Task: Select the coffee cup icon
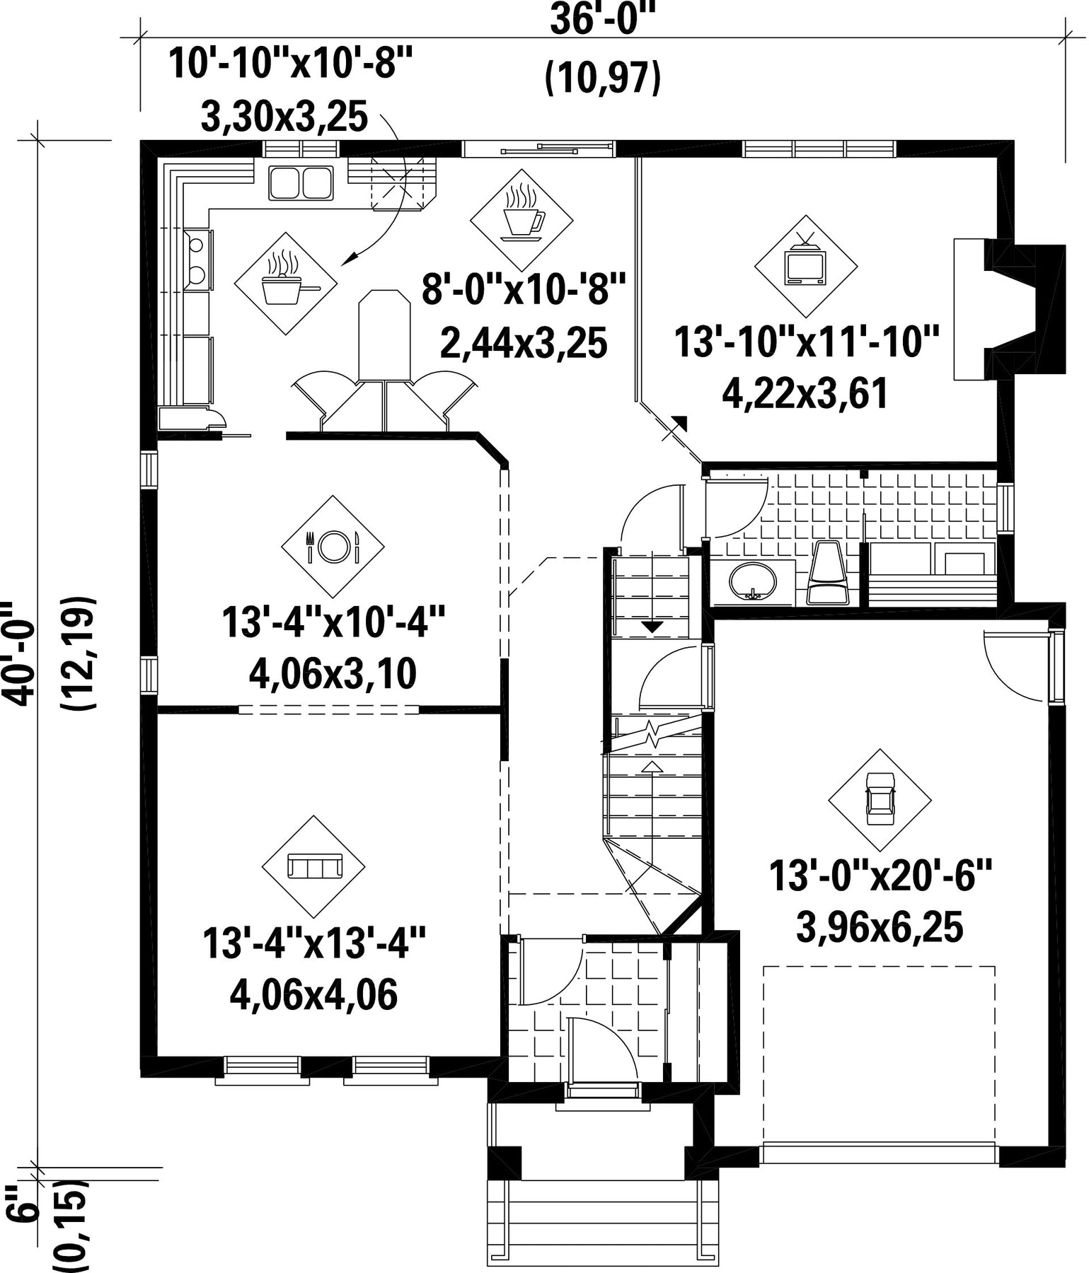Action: (522, 213)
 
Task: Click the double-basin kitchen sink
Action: (301, 182)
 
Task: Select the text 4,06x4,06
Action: (313, 994)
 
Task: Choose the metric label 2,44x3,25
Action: (524, 343)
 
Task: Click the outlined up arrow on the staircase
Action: (651, 765)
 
